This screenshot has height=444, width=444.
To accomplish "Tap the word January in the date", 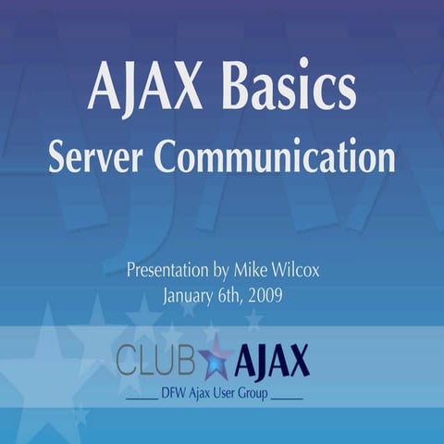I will point(191,297).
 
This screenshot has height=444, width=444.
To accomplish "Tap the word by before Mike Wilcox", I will point(225,274).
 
